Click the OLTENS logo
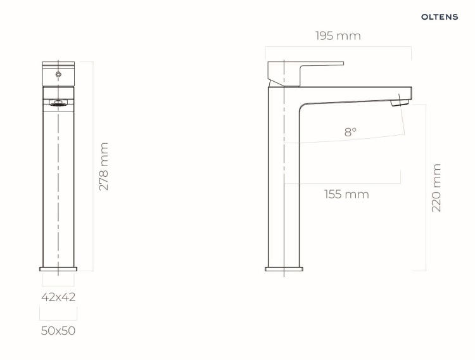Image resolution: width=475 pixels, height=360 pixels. (440, 17)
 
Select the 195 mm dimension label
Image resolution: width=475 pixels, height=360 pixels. (338, 35)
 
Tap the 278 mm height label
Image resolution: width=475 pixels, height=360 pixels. (104, 167)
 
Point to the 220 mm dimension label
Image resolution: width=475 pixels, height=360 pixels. (436, 188)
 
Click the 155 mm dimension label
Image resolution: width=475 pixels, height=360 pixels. (346, 194)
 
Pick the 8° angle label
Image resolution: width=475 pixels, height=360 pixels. (350, 132)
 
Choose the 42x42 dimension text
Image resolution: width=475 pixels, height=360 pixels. (58, 297)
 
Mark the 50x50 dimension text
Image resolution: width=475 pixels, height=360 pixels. (58, 331)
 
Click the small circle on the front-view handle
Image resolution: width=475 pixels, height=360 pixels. (58, 74)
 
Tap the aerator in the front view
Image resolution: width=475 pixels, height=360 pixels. (58, 104)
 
